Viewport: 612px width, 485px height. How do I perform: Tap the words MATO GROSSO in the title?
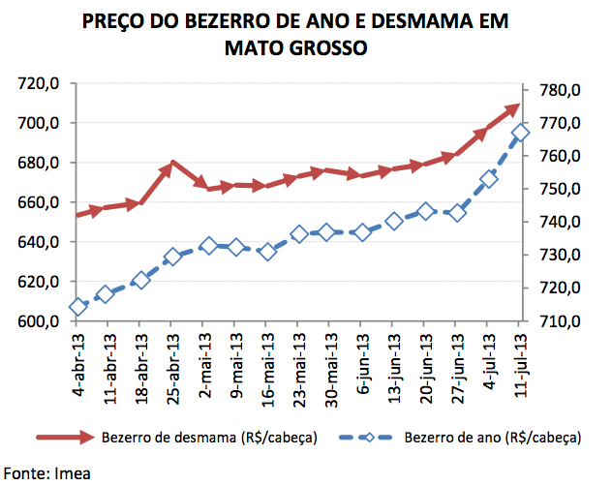(295, 47)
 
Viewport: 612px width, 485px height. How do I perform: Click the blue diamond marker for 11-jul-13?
(521, 134)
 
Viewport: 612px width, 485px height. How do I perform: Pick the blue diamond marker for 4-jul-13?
(489, 179)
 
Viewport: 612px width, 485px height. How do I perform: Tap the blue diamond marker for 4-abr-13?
(78, 308)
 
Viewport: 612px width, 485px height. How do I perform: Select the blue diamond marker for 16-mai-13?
(268, 252)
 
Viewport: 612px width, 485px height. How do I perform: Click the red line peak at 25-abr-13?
(172, 165)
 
